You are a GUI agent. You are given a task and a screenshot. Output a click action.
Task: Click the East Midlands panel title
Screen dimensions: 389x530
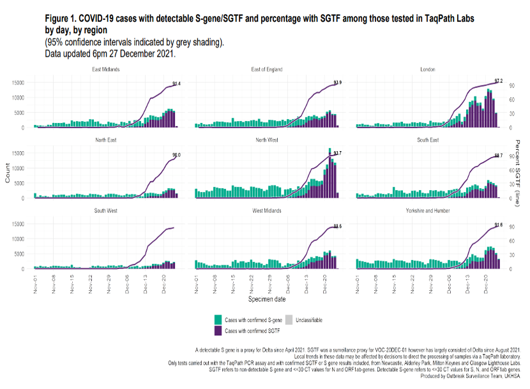(x=106, y=69)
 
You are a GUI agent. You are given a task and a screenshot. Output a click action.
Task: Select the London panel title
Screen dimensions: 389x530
(x=428, y=69)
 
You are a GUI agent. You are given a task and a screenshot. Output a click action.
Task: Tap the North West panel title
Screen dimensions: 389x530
(x=267, y=140)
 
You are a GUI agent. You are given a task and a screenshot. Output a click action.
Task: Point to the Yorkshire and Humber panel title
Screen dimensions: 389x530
(x=428, y=210)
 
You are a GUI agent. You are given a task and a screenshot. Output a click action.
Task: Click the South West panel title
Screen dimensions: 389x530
(x=106, y=210)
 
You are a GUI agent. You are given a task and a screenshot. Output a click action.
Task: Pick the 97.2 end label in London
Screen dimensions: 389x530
(x=499, y=82)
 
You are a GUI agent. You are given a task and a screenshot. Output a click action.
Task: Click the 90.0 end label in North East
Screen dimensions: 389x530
(x=176, y=155)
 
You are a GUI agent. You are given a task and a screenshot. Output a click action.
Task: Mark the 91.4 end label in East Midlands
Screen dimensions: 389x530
(x=176, y=84)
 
